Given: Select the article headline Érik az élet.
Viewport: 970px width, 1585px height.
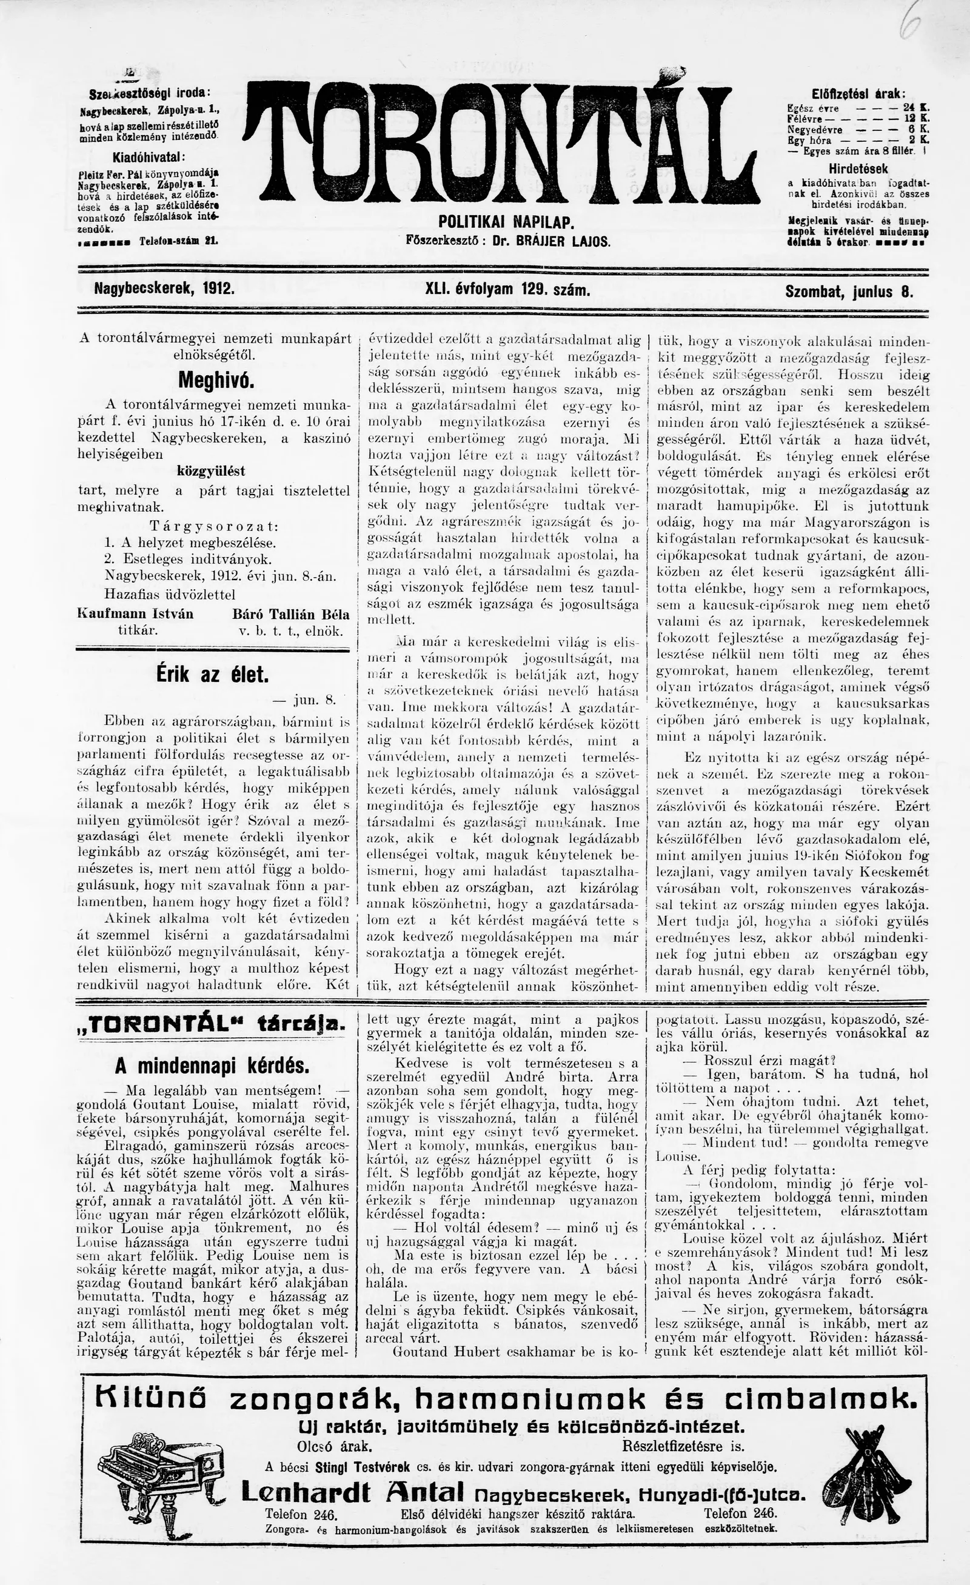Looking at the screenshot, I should tap(212, 675).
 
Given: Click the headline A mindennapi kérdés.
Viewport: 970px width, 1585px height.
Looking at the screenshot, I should tap(212, 1066).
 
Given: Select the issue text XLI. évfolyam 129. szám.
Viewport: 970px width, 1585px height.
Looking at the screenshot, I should tap(507, 290).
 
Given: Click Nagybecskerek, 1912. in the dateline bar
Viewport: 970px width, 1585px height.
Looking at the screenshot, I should tap(164, 290).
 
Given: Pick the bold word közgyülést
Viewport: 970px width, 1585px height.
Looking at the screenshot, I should tap(211, 471).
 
